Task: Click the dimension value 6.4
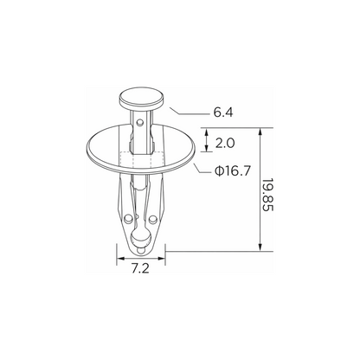tap(223, 112)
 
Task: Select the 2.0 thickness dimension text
tap(225, 144)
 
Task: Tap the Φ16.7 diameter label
tap(233, 171)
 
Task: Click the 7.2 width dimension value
tap(140, 268)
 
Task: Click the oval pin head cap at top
tap(141, 98)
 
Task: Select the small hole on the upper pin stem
tap(140, 123)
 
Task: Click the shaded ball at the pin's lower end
tap(141, 238)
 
